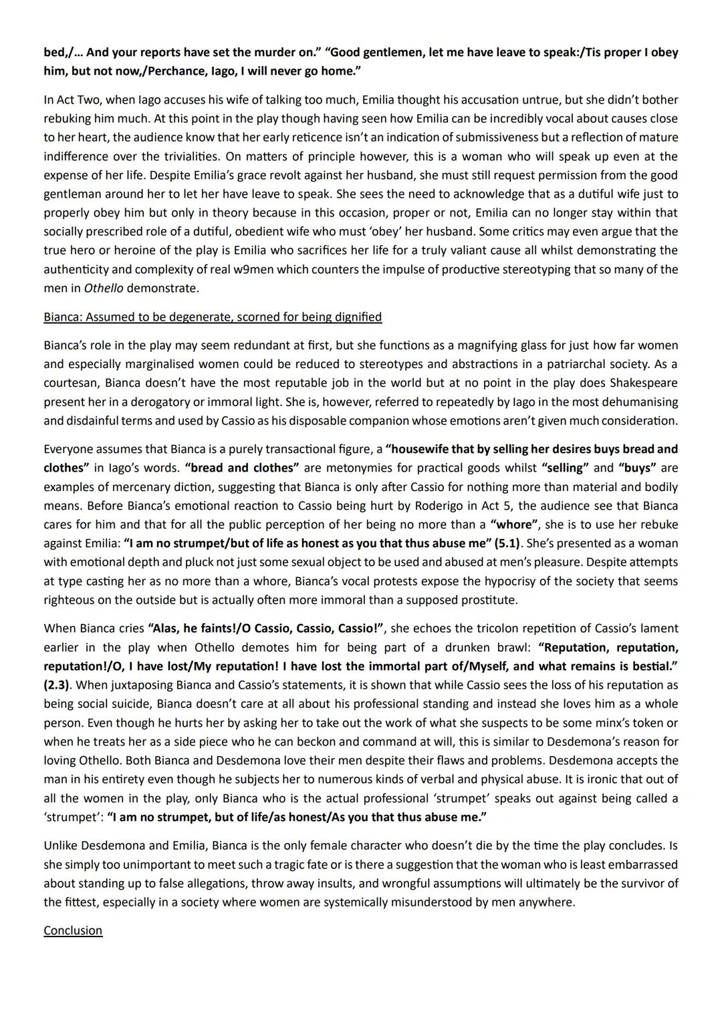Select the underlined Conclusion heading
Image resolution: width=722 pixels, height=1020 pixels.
pos(73,930)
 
